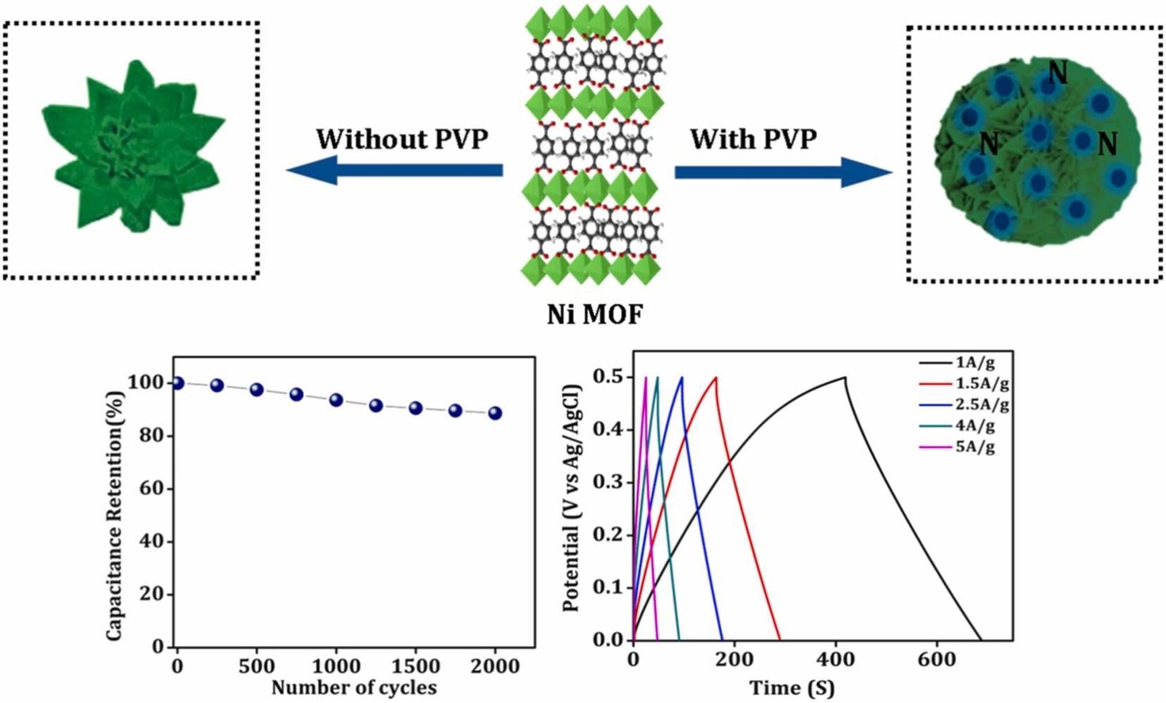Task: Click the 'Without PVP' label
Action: [x=402, y=139]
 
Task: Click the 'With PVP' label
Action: [x=753, y=139]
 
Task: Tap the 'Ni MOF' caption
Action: [x=595, y=314]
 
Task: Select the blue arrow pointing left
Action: [x=394, y=170]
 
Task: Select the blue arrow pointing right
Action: [x=783, y=171]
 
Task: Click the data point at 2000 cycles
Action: [x=495, y=413]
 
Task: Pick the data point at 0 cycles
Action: [x=178, y=383]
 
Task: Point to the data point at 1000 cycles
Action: [x=336, y=400]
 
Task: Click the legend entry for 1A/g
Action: [x=975, y=363]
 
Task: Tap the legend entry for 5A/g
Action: [x=975, y=446]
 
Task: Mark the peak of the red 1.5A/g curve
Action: [x=716, y=378]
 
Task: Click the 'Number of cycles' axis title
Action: [x=354, y=687]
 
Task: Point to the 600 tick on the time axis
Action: [x=937, y=659]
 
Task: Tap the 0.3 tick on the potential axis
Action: [x=608, y=482]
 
